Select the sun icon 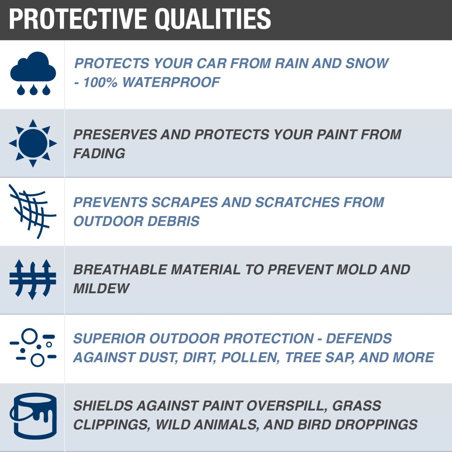click(33, 143)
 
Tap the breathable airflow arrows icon click(33, 279)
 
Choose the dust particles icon click(33, 347)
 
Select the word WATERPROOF click(171, 82)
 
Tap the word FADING click(99, 153)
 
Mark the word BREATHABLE click(120, 270)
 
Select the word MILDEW click(101, 288)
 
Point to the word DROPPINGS click(376, 425)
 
